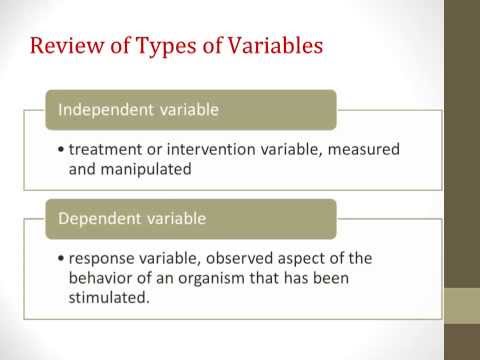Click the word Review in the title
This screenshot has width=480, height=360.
click(x=62, y=47)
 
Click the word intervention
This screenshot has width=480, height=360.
click(x=205, y=149)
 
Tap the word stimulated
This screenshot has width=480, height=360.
click(x=107, y=297)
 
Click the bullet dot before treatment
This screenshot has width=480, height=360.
click(x=63, y=150)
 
